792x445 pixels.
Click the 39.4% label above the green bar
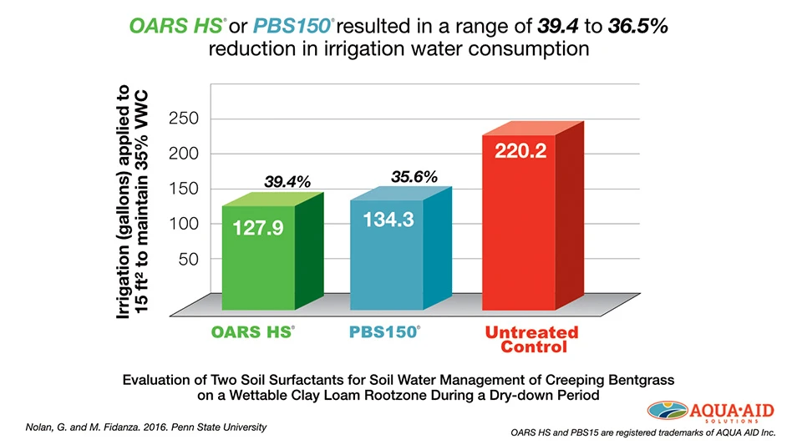tap(287, 182)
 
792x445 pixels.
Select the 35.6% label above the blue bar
tap(414, 176)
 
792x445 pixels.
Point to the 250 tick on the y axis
tap(183, 119)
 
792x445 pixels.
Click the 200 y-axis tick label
tap(183, 154)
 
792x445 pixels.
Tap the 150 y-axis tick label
tap(183, 189)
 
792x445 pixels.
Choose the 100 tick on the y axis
tap(183, 224)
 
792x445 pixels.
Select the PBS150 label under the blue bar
tap(383, 332)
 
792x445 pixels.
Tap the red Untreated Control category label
tap(531, 339)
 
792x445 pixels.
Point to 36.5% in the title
tap(637, 26)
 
